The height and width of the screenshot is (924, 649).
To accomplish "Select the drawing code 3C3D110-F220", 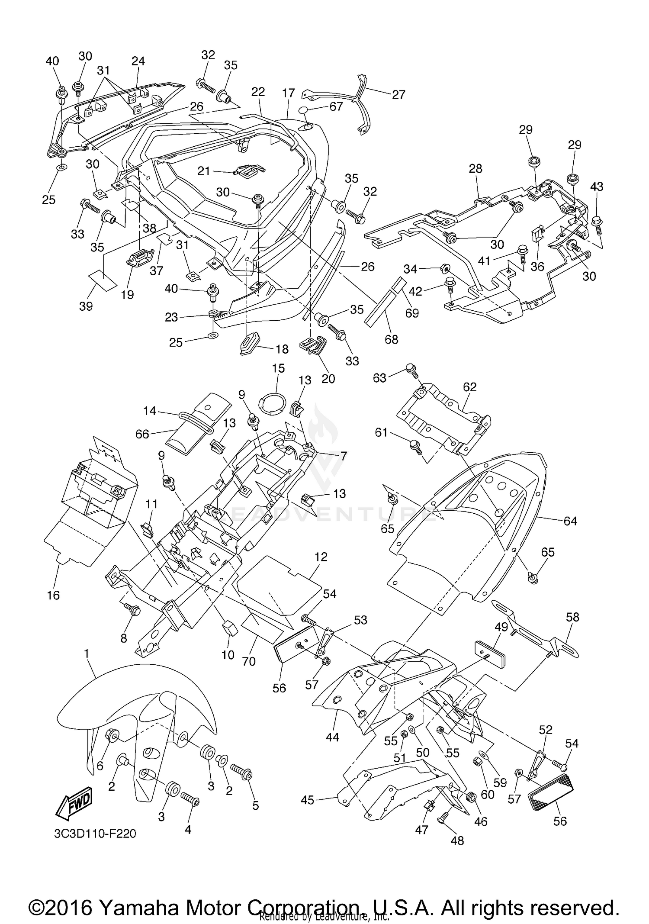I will click(95, 833).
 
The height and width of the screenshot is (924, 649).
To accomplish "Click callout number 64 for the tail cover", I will click(570, 521).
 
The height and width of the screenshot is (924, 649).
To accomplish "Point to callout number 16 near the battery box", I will click(53, 595).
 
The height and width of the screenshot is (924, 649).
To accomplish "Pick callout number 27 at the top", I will click(398, 94).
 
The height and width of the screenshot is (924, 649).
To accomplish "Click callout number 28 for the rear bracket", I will click(475, 168).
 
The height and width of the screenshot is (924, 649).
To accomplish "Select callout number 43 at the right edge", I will click(597, 187).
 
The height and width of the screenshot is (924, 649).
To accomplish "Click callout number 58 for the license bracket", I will click(572, 617).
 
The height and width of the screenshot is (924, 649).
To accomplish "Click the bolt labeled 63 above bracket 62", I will click(411, 369).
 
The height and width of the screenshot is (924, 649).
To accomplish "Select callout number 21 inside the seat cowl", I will click(204, 171).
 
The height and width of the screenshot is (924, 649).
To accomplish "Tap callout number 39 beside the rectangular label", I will click(86, 306).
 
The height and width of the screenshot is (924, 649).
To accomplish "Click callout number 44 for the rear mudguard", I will click(332, 737).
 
